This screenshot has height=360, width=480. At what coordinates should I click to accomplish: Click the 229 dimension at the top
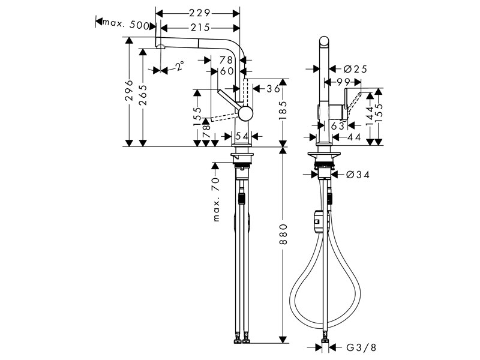coord(197,11)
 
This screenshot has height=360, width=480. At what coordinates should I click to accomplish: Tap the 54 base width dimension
coord(242,137)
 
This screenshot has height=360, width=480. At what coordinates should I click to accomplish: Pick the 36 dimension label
coord(273,88)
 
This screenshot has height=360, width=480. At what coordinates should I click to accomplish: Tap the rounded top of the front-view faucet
coord(325,43)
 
